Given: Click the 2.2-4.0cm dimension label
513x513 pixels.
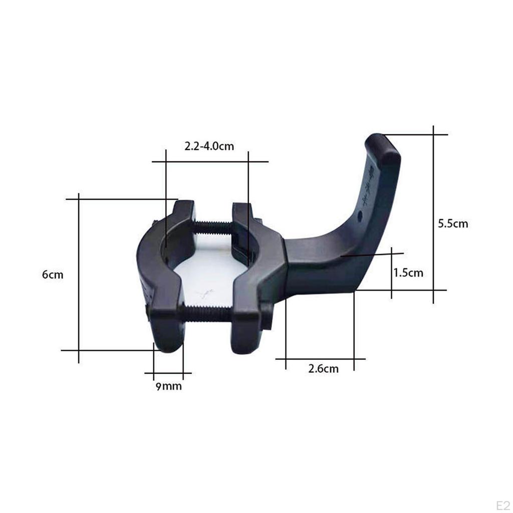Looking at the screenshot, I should [209, 146].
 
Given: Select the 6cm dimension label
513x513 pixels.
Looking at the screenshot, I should [53, 275].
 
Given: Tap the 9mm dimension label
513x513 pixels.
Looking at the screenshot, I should [168, 387].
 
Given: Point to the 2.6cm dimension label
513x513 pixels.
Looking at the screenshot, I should [323, 369].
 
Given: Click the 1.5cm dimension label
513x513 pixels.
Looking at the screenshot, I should [408, 273].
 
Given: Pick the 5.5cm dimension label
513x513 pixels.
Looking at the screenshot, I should [453, 223].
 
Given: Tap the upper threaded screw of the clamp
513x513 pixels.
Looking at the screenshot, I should [213, 228].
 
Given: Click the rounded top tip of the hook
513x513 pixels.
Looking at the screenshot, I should [383, 145].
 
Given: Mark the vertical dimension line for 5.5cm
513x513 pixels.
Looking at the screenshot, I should [433, 215].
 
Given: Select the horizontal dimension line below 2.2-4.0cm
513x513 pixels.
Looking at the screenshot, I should [210, 162].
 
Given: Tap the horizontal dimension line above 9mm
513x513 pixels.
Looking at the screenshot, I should [168, 373].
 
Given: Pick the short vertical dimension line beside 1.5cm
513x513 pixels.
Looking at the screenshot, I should [391, 273].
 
